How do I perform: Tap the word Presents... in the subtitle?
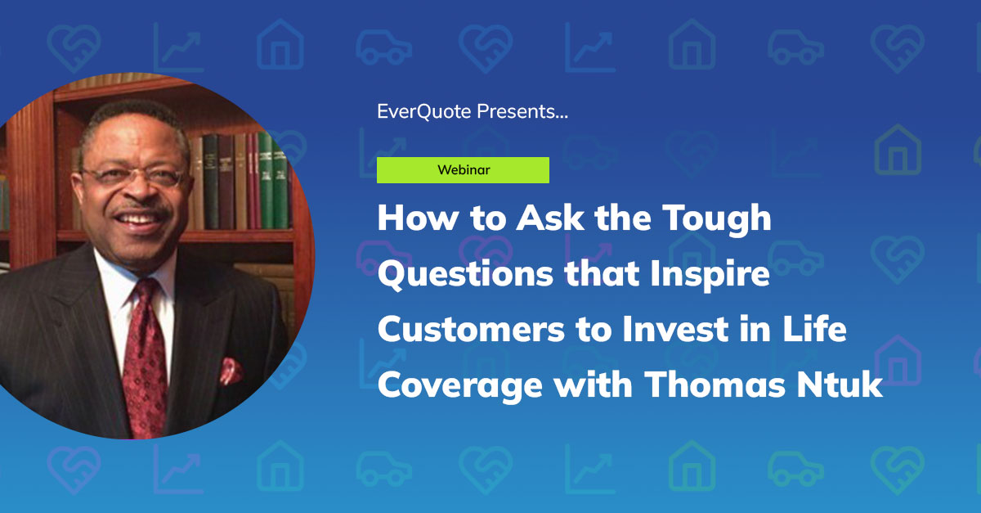point(522,111)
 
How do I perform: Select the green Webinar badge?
point(463,170)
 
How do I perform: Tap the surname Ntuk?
point(844,385)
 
